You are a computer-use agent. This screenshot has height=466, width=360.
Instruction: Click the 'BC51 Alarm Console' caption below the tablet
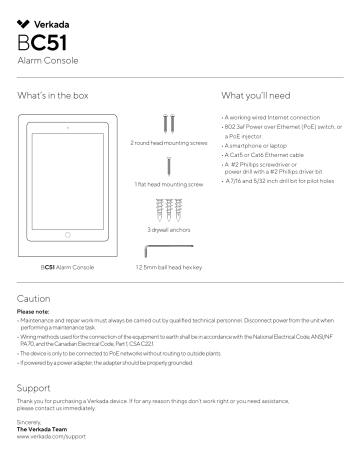pos(65,268)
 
